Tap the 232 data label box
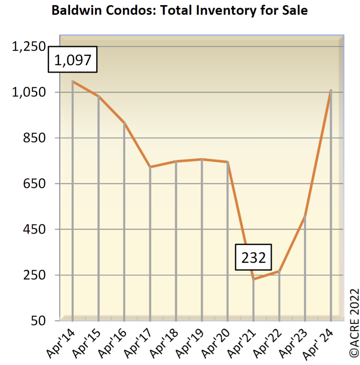(254, 257)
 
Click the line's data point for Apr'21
(253, 279)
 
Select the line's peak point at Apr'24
(331, 90)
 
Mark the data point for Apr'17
(150, 167)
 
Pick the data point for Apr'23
(305, 216)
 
